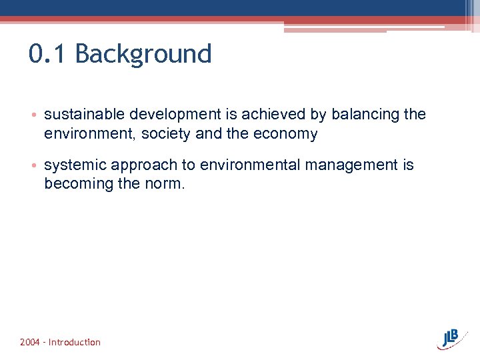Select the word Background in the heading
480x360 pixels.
(x=143, y=54)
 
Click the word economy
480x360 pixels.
(x=286, y=134)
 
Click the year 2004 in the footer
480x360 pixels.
(x=29, y=342)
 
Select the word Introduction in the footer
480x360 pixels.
(x=75, y=342)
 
